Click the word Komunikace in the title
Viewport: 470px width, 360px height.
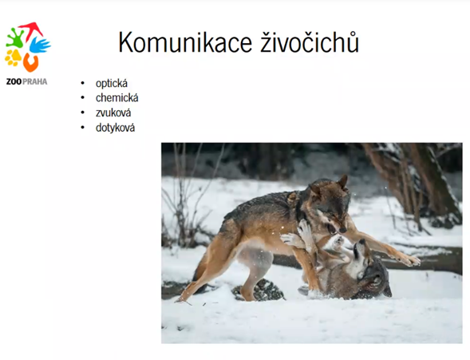[x=185, y=42]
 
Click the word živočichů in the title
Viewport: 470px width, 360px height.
[x=310, y=42]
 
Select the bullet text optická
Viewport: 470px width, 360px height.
[x=112, y=83]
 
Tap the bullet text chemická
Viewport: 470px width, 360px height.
[x=117, y=98]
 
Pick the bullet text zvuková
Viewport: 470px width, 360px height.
[x=113, y=113]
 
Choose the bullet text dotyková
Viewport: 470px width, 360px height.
[x=115, y=128]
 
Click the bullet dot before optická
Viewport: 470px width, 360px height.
[x=83, y=83]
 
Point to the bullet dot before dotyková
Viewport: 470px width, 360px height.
[x=83, y=128]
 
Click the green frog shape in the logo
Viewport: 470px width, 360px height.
[x=14, y=38]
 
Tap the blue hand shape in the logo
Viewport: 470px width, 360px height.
[x=40, y=45]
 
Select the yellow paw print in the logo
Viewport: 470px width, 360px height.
[x=13, y=57]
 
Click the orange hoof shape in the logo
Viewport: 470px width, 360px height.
[x=31, y=63]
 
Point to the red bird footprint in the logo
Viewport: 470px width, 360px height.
[x=30, y=30]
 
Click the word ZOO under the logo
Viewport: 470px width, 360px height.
[x=14, y=82]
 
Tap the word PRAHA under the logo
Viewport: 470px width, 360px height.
[x=35, y=82]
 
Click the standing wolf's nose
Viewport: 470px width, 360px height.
[x=342, y=230]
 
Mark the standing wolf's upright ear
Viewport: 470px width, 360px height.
[x=342, y=182]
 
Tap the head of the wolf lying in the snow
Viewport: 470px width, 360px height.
[x=370, y=270]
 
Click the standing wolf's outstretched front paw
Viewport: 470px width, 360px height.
[x=409, y=259]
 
